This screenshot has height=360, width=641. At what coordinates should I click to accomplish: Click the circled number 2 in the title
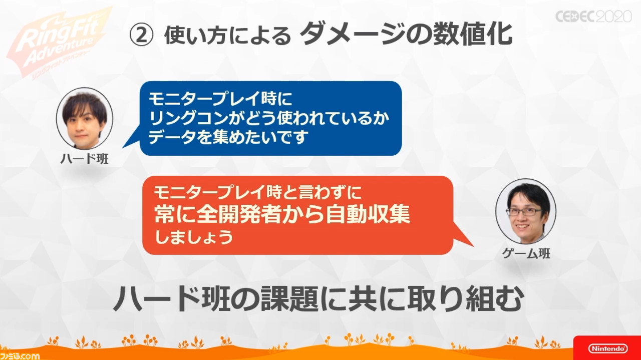coord(141,35)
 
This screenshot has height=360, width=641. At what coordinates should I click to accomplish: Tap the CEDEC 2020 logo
coord(593,17)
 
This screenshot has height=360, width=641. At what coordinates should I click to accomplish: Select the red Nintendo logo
coord(607,348)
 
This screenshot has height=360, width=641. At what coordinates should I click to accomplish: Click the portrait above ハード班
coord(85,119)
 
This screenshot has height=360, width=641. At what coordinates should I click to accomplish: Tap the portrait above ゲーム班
coord(526,211)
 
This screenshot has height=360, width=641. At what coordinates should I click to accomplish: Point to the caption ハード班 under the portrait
coord(85,159)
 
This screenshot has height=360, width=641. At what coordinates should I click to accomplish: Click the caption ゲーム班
coord(526,253)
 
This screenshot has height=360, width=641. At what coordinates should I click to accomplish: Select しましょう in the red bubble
coord(194,237)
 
